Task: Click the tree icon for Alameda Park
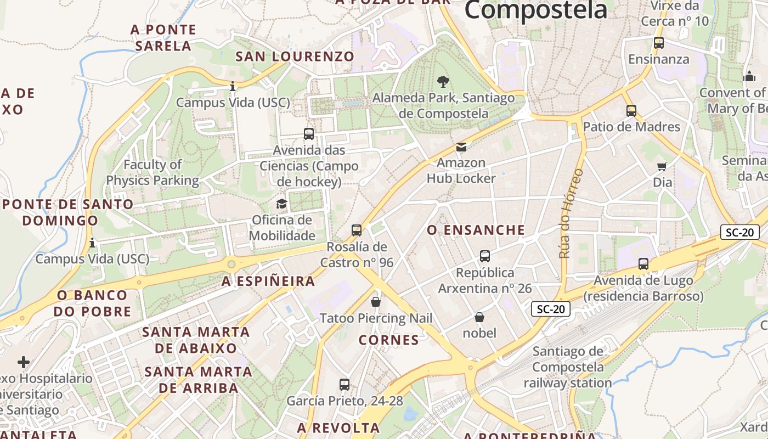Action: pyautogui.click(x=443, y=82)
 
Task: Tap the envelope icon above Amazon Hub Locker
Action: pyautogui.click(x=461, y=147)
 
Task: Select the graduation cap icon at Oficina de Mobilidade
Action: pyautogui.click(x=281, y=204)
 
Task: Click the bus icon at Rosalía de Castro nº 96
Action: pyautogui.click(x=357, y=230)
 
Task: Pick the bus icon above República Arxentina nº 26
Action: pyautogui.click(x=485, y=256)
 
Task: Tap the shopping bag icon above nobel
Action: pyautogui.click(x=479, y=317)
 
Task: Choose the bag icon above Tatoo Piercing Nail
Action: pyautogui.click(x=376, y=302)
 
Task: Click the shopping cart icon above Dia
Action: pyautogui.click(x=662, y=166)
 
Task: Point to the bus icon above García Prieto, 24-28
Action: pyautogui.click(x=345, y=385)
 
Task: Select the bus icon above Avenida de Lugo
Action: pyautogui.click(x=643, y=264)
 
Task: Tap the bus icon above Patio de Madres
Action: pyautogui.click(x=631, y=111)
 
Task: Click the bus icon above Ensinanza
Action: pyautogui.click(x=659, y=43)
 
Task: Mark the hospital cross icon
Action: pyautogui.click(x=24, y=362)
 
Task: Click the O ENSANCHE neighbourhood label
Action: pyautogui.click(x=476, y=230)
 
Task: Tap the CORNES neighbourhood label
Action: pyautogui.click(x=389, y=340)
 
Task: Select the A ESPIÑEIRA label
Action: pyautogui.click(x=268, y=282)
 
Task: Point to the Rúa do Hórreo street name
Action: pyautogui.click(x=571, y=213)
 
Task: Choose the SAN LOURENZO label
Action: pyautogui.click(x=295, y=57)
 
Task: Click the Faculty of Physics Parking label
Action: pyautogui.click(x=153, y=172)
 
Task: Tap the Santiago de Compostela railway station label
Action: pyautogui.click(x=572, y=367)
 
